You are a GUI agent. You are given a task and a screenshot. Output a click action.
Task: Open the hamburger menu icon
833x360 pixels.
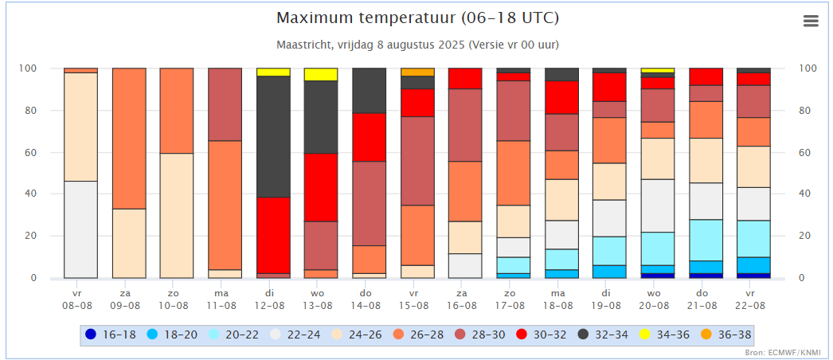tap(811, 22)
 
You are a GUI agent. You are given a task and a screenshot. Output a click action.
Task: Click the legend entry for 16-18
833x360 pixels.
tap(111, 335)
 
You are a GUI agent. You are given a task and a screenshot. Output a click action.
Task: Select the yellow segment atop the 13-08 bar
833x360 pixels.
tap(320, 74)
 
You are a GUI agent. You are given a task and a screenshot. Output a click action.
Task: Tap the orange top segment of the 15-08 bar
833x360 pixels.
tap(416, 72)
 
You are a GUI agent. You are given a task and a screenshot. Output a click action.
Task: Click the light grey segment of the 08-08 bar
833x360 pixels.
tap(80, 229)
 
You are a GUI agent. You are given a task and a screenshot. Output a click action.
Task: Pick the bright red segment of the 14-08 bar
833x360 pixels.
tap(368, 137)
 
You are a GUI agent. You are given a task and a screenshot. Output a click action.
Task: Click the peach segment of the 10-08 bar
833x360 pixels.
tap(176, 215)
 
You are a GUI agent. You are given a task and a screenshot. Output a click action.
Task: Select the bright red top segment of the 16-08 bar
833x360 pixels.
tap(464, 78)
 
